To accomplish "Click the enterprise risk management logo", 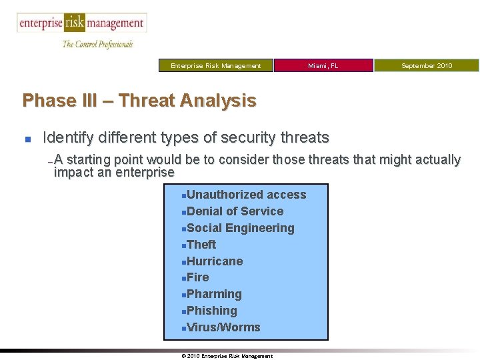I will (x=81, y=23).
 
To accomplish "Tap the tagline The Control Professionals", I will (x=97, y=44).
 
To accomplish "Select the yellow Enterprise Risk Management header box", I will (x=215, y=65).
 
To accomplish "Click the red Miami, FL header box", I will (x=323, y=65).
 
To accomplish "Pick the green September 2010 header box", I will (x=426, y=65).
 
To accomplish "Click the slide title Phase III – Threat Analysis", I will (x=139, y=101).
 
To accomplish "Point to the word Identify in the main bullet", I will (x=69, y=138).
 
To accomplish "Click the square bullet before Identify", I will (x=27, y=139).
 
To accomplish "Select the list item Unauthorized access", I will (x=246, y=195).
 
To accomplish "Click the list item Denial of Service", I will (x=235, y=211).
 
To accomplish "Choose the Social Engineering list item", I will (x=240, y=228).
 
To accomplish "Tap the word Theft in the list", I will (x=201, y=245).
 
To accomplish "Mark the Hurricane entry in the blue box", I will (x=215, y=261).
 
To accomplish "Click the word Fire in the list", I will (x=198, y=277).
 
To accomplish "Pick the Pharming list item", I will (x=214, y=294).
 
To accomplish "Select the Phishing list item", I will (x=212, y=311).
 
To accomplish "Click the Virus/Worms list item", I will (x=223, y=327).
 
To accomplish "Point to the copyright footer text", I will (x=227, y=356).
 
